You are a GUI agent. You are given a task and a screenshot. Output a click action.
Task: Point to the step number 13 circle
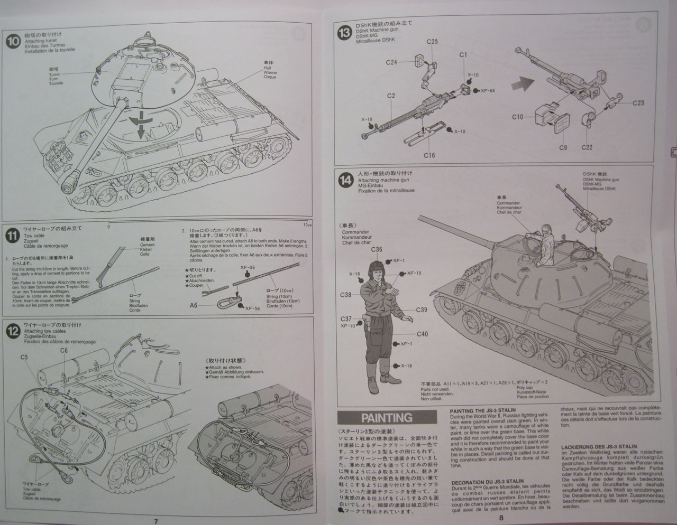click(344, 33)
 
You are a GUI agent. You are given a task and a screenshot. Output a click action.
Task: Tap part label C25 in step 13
click(432, 41)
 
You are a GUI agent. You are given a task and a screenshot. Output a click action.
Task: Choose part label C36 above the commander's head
click(377, 249)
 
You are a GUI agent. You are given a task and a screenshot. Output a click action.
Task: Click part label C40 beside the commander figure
click(422, 334)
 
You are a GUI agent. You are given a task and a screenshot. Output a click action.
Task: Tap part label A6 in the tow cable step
click(194, 305)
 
